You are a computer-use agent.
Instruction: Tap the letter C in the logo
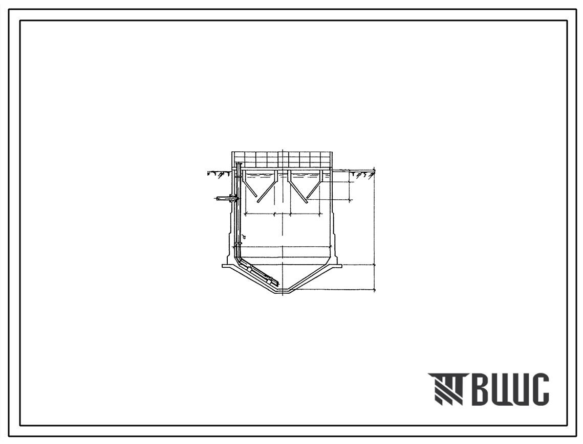[538, 389]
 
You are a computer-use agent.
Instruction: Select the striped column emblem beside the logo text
[445, 389]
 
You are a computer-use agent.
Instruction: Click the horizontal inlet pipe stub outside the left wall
[224, 199]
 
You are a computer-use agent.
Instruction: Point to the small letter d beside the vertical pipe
[244, 236]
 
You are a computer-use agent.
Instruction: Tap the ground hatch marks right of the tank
[363, 174]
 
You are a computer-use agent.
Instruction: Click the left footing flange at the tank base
[227, 266]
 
